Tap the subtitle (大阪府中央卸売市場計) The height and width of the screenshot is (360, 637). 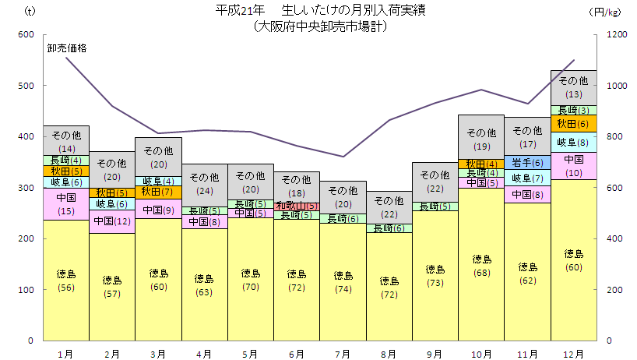(x=320, y=26)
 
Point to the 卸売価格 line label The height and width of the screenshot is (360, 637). (x=66, y=48)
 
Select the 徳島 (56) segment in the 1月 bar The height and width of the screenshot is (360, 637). (x=66, y=280)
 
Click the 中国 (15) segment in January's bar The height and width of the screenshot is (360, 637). (x=66, y=204)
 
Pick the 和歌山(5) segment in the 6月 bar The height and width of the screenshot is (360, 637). (x=297, y=206)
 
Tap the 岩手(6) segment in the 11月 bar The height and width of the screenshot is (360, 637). (x=527, y=162)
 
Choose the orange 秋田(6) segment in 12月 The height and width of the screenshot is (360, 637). (x=574, y=123)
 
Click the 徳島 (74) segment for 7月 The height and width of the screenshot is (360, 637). (x=343, y=281)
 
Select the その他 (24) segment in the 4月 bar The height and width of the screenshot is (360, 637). (x=204, y=185)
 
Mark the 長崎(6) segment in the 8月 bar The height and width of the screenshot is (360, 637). (x=389, y=228)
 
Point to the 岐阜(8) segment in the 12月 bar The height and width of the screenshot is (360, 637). (x=574, y=142)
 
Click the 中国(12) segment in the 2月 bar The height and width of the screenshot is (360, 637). (x=112, y=221)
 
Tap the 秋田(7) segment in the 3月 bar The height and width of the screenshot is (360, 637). (x=158, y=192)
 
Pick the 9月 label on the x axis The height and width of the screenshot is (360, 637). (x=435, y=353)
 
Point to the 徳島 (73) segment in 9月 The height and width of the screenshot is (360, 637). (x=435, y=275)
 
